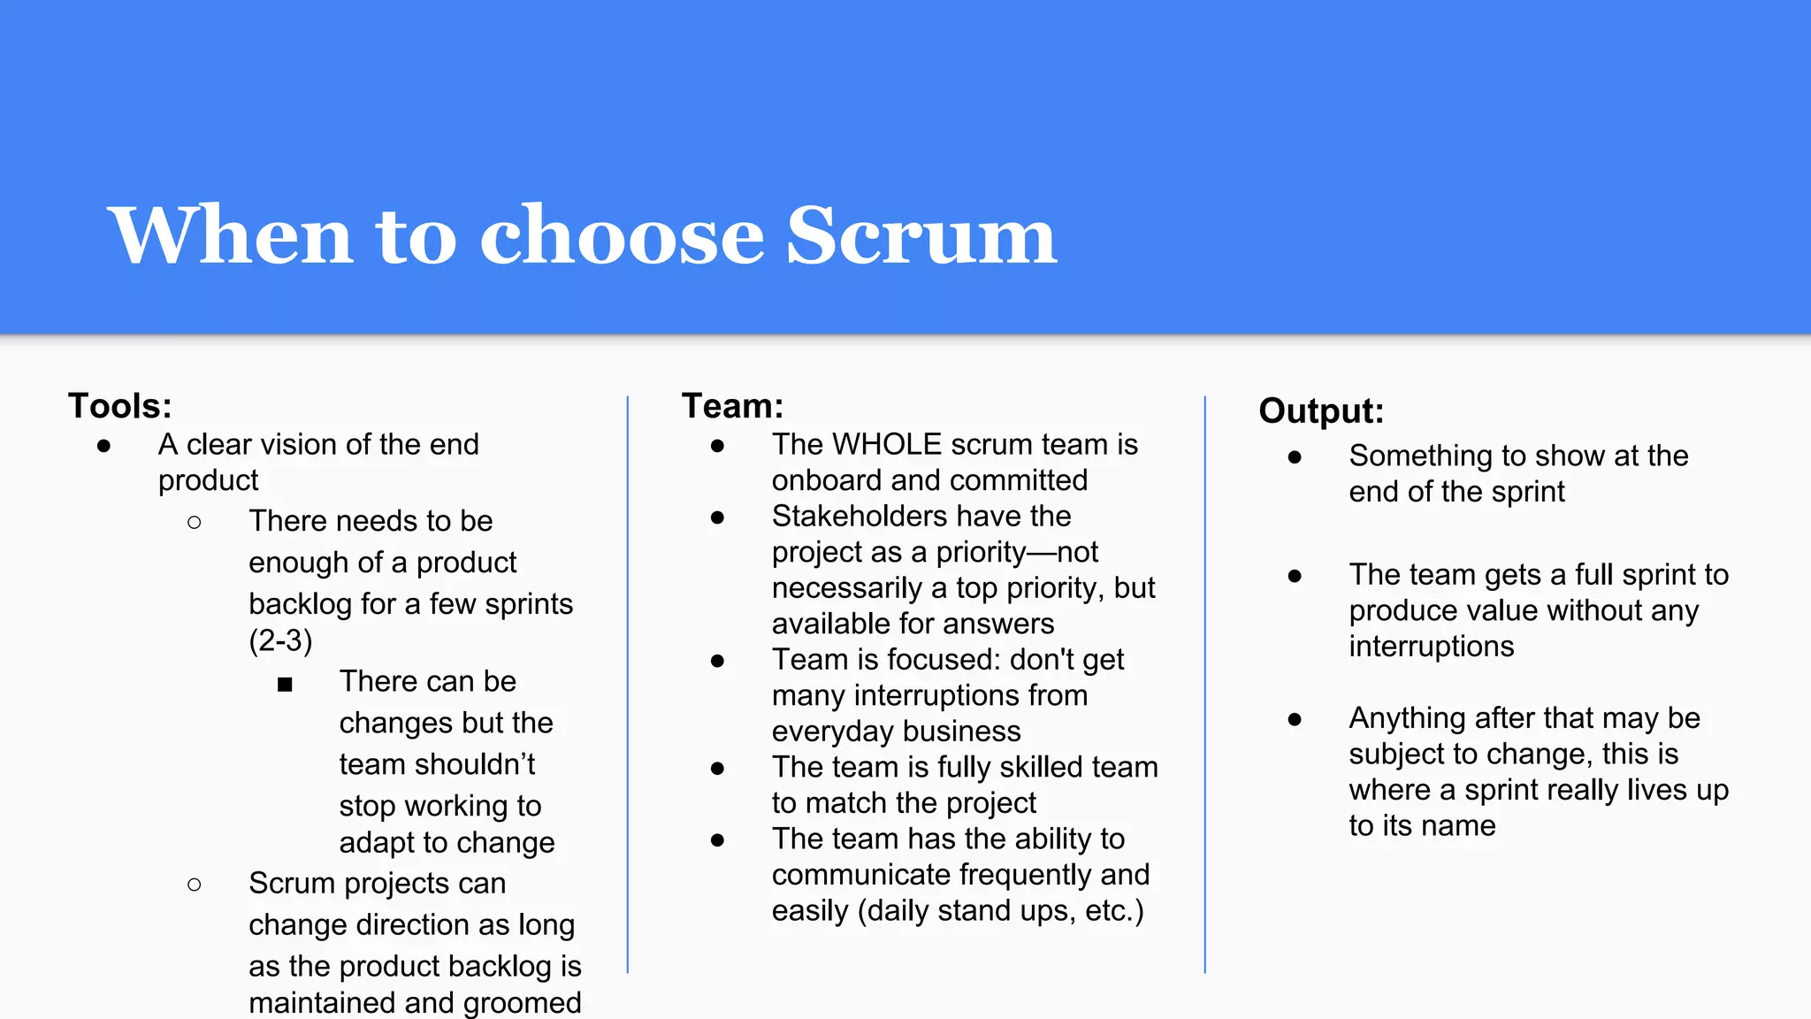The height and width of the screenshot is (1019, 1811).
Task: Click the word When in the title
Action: [x=231, y=235]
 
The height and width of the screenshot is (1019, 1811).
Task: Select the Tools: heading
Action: [x=120, y=406]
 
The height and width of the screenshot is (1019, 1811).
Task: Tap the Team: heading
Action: [x=732, y=406]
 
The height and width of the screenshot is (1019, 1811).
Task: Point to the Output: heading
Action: [x=1321, y=411]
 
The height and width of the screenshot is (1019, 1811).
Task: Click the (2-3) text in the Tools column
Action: [x=280, y=640]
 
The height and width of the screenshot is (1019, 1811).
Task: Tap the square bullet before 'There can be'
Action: [x=285, y=684]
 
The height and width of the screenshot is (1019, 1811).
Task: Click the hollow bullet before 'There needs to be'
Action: [x=195, y=523]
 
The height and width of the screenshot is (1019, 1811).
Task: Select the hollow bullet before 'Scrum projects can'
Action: [x=195, y=885]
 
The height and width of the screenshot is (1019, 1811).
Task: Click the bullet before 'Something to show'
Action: [x=1295, y=457]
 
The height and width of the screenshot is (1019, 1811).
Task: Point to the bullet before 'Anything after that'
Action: [x=1295, y=719]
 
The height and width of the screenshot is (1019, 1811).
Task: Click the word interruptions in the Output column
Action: [x=1432, y=647]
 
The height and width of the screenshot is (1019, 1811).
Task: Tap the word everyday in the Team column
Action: [x=832, y=732]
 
